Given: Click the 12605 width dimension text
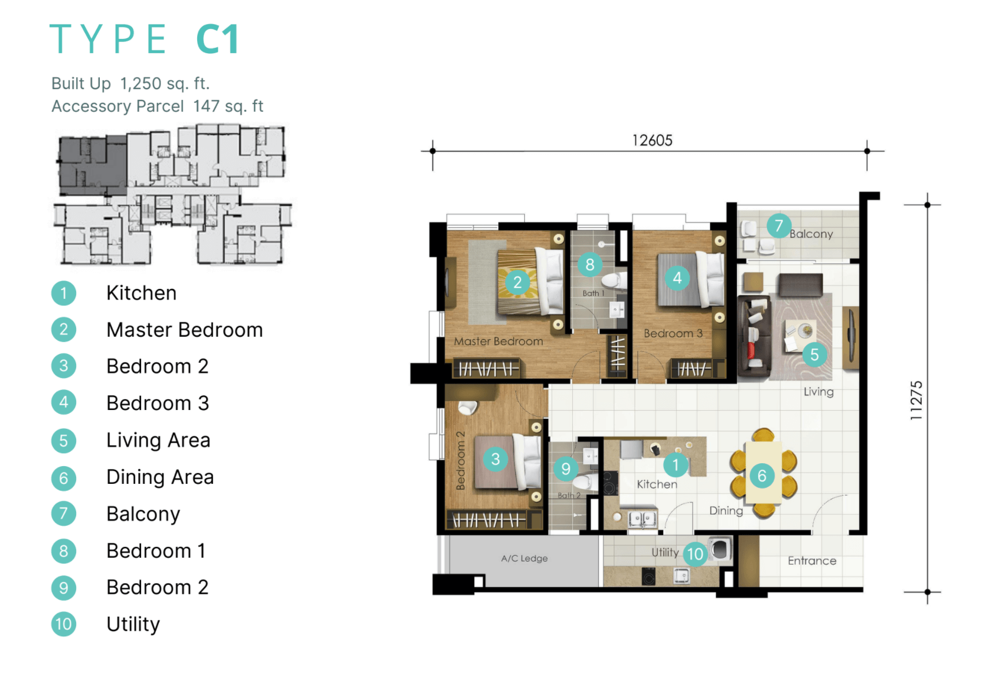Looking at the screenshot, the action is point(652,141).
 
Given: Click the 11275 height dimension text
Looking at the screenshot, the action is point(916,401).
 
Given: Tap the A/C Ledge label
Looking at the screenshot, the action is point(524,558).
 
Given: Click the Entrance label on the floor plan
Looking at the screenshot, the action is point(812,561).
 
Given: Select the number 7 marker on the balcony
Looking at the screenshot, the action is point(779,226).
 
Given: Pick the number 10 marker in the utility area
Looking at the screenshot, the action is point(695,554).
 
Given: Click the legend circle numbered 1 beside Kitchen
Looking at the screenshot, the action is point(64,294).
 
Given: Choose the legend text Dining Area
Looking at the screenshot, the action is point(160,477).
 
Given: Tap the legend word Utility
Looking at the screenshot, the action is point(133,624).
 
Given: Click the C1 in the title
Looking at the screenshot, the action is point(218,39).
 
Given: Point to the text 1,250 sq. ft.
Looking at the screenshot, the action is point(165,84).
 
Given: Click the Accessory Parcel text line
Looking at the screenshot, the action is point(158,106).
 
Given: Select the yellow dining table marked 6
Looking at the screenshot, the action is point(763,473).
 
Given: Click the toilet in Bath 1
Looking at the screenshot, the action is point(614,281).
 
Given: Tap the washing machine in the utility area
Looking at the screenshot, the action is point(720,549).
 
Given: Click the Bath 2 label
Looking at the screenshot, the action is point(569,495).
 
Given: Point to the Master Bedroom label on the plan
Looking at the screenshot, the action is point(498,341).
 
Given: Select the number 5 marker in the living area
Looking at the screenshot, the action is point(814,354).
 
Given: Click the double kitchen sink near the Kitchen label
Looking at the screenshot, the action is point(642,519).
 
